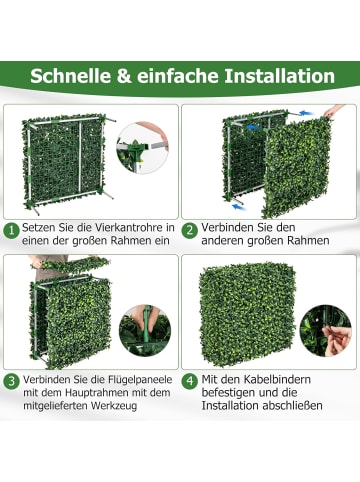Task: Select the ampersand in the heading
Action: [125, 76]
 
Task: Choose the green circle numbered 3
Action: [12, 380]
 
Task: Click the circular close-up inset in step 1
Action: [142, 148]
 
